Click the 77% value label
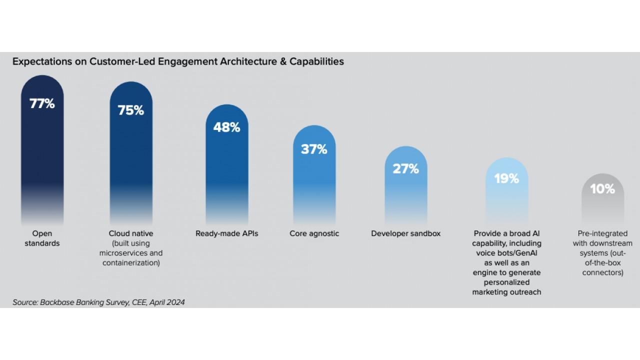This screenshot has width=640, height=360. (x=42, y=104)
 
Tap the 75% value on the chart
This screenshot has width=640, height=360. (x=131, y=110)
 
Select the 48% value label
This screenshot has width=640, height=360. (x=227, y=127)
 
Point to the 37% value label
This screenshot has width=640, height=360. (x=314, y=149)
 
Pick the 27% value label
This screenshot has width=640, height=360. (x=406, y=169)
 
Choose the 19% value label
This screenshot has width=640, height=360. (x=506, y=178)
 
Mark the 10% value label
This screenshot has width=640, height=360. (x=602, y=189)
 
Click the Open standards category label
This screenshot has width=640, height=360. (x=42, y=238)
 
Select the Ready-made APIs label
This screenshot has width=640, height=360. (x=227, y=233)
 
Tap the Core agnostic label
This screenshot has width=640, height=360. (x=314, y=233)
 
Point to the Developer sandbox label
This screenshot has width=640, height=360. (x=406, y=233)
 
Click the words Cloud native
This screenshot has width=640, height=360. (x=131, y=233)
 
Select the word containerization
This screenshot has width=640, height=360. (x=131, y=263)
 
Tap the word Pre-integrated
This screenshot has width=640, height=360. (x=602, y=233)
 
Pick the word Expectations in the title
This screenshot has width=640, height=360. (x=36, y=61)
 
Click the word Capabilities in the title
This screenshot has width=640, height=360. (x=319, y=61)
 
